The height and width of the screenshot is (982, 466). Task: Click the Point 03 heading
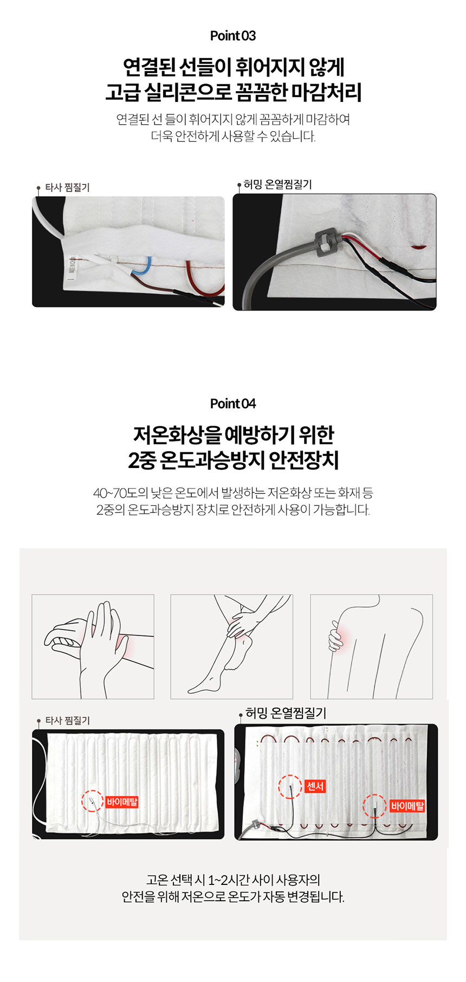233,36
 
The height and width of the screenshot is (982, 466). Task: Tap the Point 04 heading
233,403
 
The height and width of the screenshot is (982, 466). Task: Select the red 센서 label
315,786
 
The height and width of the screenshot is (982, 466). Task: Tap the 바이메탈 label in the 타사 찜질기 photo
122,801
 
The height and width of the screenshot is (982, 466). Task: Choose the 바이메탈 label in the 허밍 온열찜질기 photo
407,806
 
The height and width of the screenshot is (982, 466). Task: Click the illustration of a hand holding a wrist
93,646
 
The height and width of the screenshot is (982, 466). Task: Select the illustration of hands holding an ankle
232,646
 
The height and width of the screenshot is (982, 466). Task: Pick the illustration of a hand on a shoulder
372,646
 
